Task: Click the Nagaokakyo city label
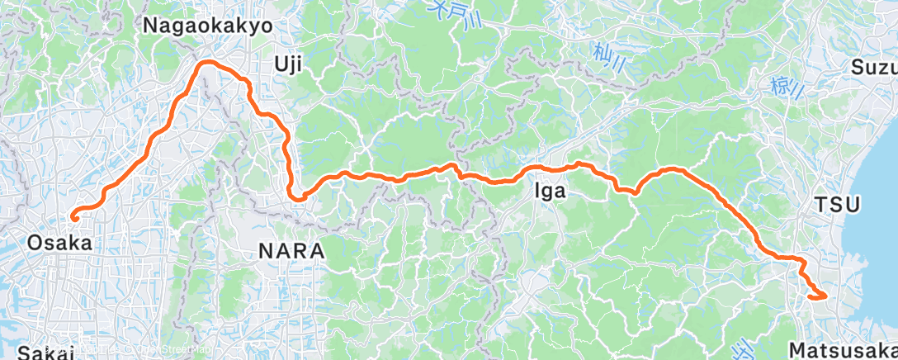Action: (x=207, y=26)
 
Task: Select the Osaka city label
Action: (x=59, y=243)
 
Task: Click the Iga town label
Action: (x=551, y=192)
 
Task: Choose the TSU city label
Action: (x=837, y=204)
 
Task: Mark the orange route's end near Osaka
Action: (x=73, y=218)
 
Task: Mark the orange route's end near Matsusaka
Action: (x=824, y=296)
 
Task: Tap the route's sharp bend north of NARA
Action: (x=295, y=196)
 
